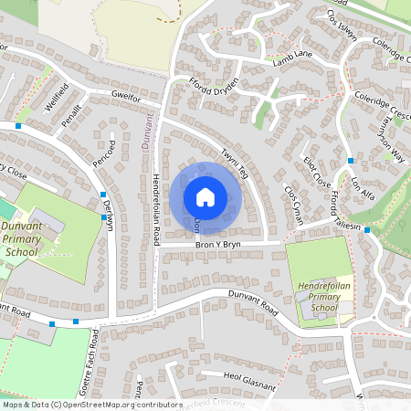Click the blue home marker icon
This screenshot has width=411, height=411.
(205, 196)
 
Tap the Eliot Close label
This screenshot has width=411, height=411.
(316, 170)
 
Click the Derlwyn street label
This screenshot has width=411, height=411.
(111, 216)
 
